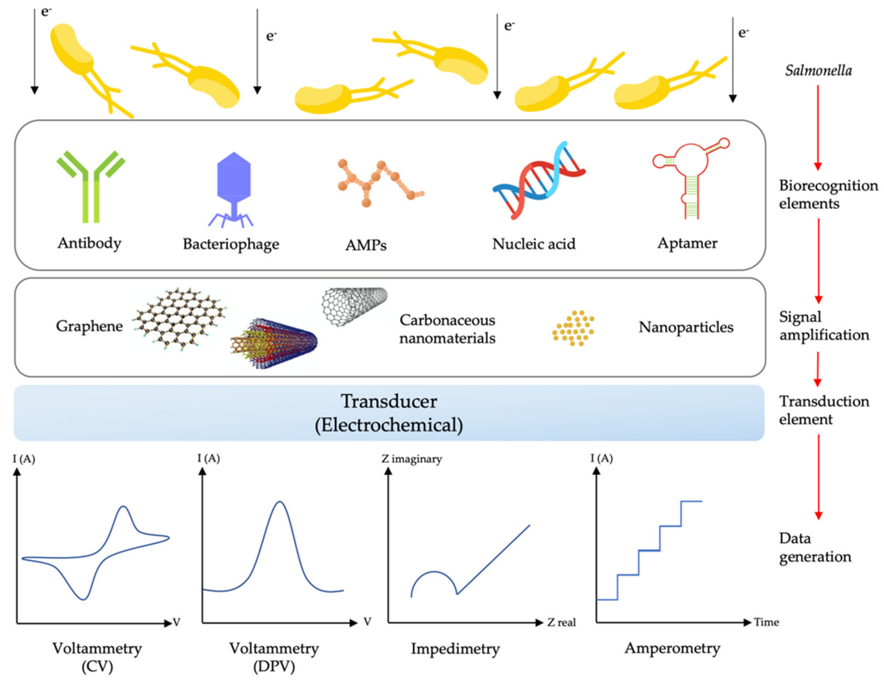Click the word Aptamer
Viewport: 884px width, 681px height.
tap(687, 243)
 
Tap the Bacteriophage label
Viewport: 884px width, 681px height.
tap(231, 244)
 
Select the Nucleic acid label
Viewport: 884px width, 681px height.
tap(534, 244)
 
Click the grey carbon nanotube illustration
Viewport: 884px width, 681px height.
tap(354, 306)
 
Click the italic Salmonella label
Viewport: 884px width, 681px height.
tap(818, 71)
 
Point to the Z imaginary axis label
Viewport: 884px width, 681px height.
tap(411, 459)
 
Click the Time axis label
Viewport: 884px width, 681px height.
tap(766, 622)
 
